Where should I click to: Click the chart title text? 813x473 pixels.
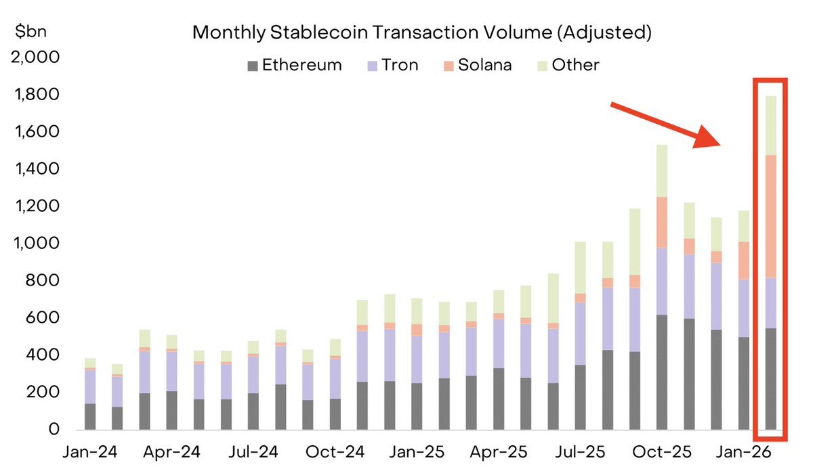pos(421,32)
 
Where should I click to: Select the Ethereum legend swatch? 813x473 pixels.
pos(253,66)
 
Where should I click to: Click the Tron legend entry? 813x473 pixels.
pos(392,65)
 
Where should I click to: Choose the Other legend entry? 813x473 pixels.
pos(567,65)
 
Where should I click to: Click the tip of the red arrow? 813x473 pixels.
pos(717,144)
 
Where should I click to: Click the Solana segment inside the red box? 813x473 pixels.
pos(770,217)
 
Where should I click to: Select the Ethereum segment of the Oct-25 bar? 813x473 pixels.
pos(661,372)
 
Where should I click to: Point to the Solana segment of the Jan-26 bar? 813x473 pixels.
pos(743,261)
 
